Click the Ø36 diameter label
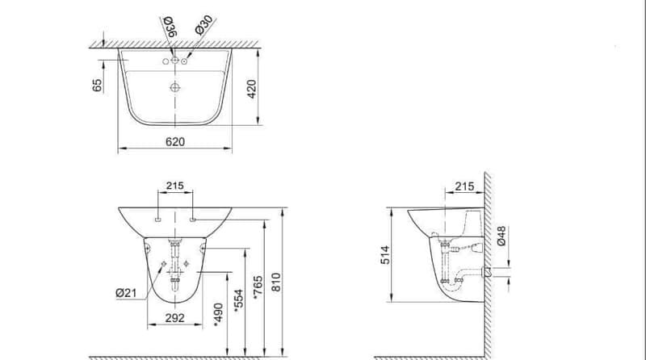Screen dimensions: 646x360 pyautogui.click(x=170, y=27)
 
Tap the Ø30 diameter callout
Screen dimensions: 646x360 pyautogui.click(x=204, y=25)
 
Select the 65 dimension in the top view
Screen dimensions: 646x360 pyautogui.click(x=97, y=86)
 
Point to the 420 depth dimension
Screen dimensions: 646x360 pyautogui.click(x=252, y=89)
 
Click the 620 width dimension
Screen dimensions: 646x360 pyautogui.click(x=175, y=142)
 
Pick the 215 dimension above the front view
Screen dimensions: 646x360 pyautogui.click(x=175, y=186)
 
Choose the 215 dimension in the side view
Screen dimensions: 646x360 pyautogui.click(x=464, y=186)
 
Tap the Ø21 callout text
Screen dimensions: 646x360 pyautogui.click(x=126, y=293)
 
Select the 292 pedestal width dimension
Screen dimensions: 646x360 pyautogui.click(x=175, y=318)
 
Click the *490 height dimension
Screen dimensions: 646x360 pyautogui.click(x=219, y=315)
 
